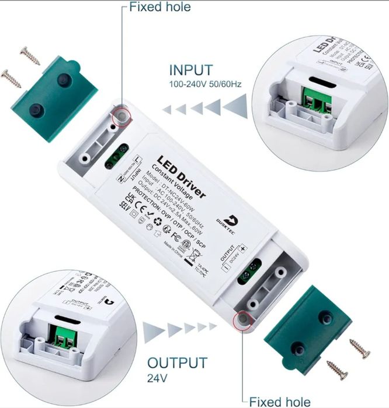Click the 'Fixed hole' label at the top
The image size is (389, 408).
159,8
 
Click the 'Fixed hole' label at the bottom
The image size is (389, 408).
280,401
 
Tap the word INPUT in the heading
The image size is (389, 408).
191,71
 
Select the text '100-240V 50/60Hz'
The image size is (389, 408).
205,84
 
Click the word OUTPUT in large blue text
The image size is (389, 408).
177,363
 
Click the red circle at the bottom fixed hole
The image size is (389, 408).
241,320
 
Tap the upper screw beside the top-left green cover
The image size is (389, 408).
29,55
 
